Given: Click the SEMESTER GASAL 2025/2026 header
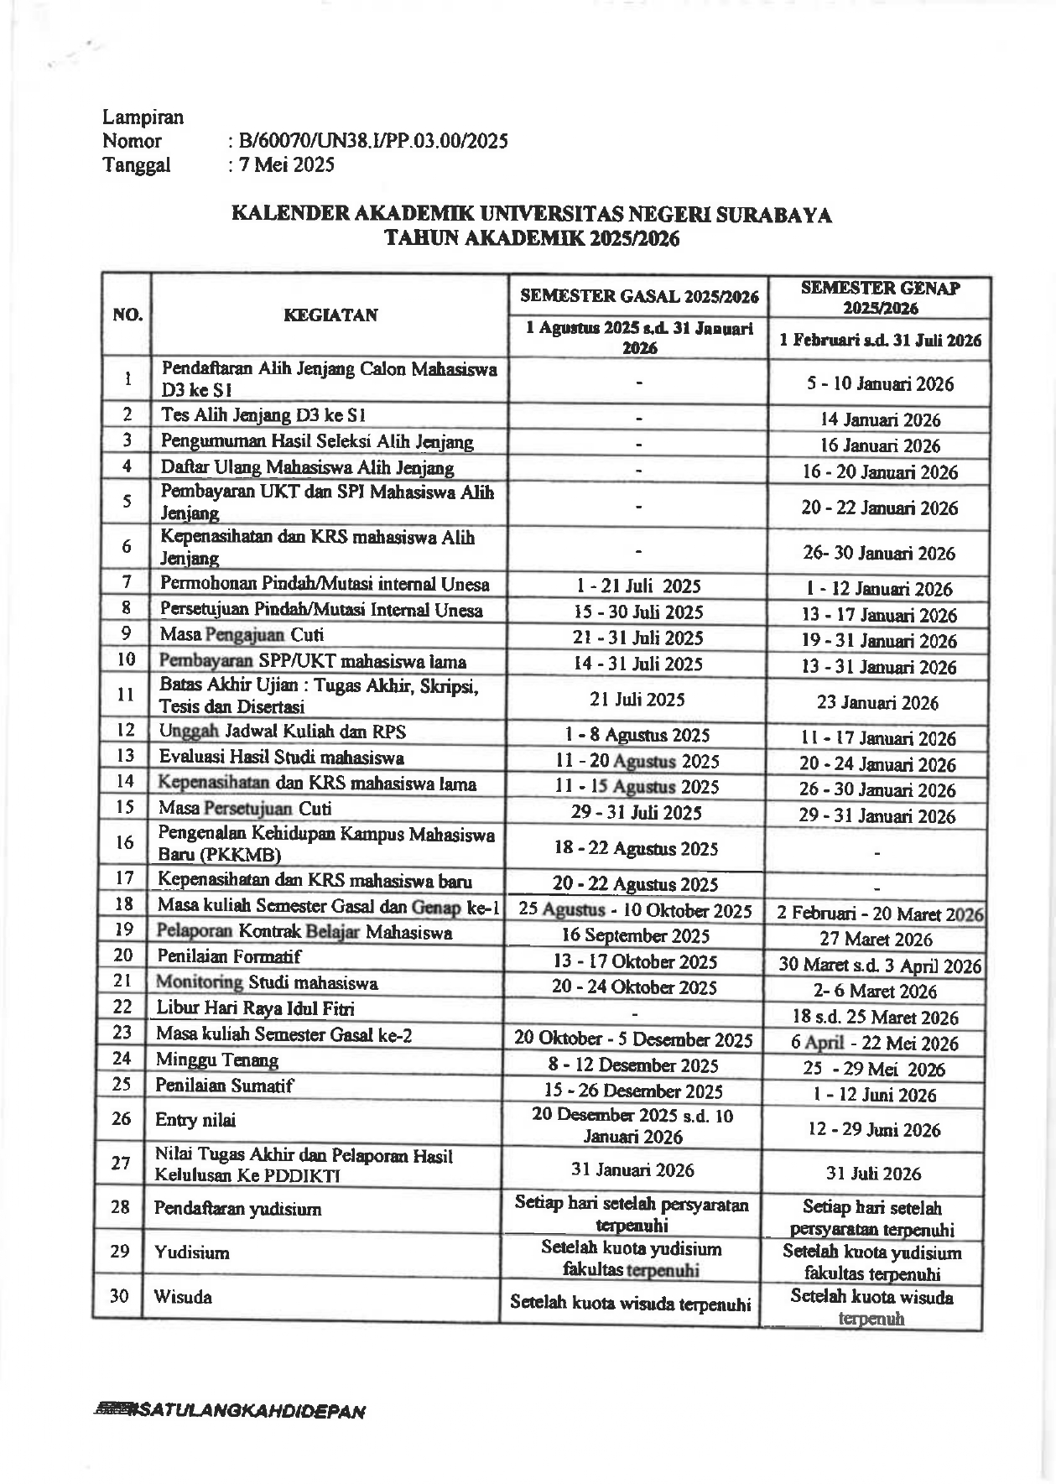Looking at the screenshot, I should coord(639,296).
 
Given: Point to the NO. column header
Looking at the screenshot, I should coord(127,315).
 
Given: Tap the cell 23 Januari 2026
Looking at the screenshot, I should coord(877,703).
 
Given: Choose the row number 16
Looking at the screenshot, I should coord(125,842).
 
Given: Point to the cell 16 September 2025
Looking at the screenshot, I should coord(635,936).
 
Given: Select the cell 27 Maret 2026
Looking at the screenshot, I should coord(877,940).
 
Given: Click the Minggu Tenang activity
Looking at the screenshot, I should coord(217,1060).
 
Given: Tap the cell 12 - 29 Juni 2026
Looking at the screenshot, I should coord(874,1130).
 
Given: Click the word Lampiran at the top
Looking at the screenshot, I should coord(143,117).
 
